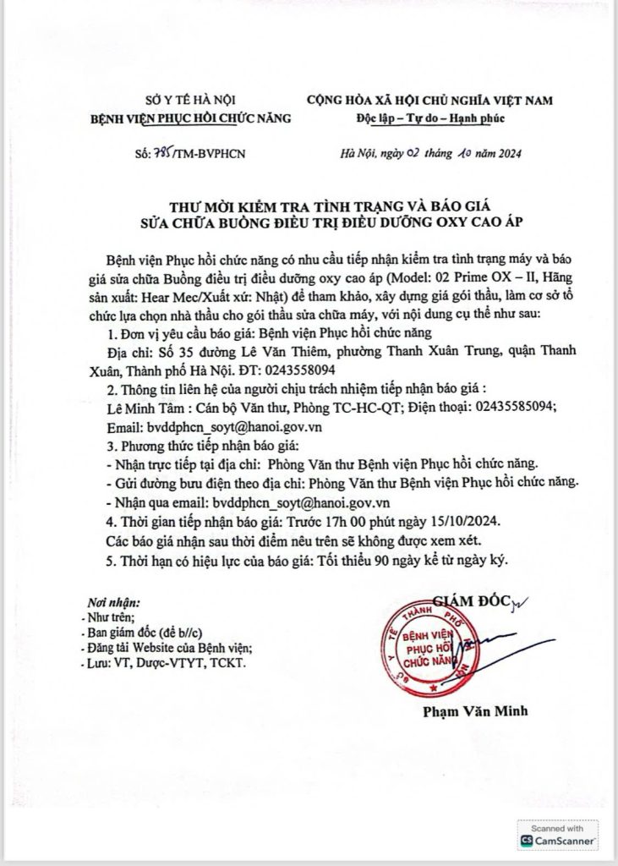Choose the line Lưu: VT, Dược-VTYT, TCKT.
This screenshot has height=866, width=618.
click(x=165, y=666)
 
